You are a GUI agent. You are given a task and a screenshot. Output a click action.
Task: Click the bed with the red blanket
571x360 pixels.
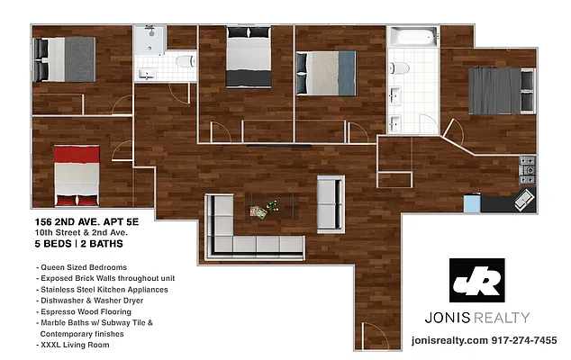coord(78,174)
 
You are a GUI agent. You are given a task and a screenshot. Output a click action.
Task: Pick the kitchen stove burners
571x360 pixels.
coord(527,166)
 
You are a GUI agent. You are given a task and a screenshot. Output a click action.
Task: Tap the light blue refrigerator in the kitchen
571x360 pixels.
coord(472,203)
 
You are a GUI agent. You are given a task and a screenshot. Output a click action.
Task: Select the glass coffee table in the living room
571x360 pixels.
coord(268,209)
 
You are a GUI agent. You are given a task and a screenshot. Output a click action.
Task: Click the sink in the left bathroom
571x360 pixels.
coord(146,71)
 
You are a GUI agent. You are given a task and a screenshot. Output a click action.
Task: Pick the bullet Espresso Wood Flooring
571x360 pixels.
coord(86,311)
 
